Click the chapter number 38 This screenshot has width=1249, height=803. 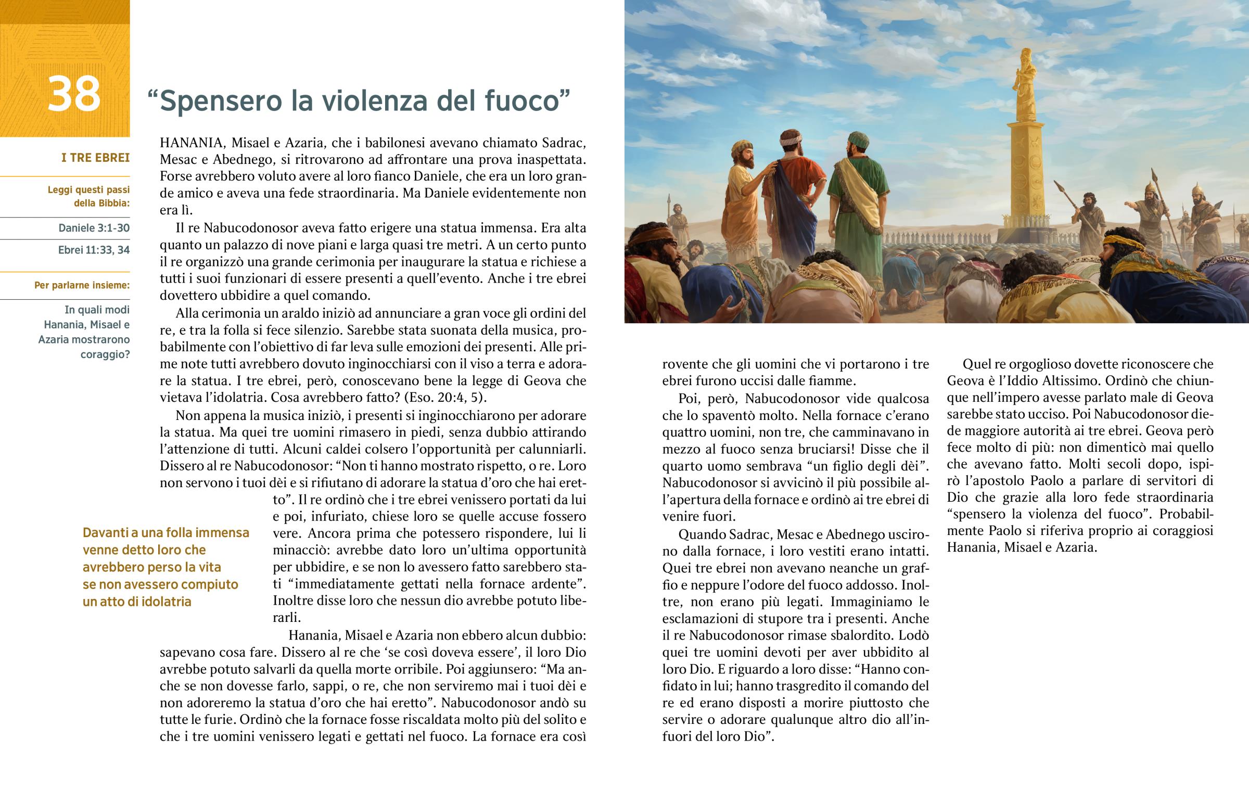pyautogui.click(x=73, y=94)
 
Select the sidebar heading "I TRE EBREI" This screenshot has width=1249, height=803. pyautogui.click(x=95, y=158)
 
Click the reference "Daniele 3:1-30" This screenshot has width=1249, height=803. pyautogui.click(x=94, y=228)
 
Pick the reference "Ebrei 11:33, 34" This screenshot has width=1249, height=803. pyautogui.click(x=94, y=250)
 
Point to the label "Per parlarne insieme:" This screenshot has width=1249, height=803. pyautogui.click(x=82, y=285)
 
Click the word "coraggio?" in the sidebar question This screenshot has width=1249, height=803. pyautogui.click(x=105, y=354)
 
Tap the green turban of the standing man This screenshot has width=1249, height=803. pyautogui.click(x=857, y=140)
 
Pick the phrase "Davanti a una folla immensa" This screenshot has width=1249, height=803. pyautogui.click(x=166, y=532)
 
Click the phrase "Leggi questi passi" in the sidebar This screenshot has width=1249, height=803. pyautogui.click(x=88, y=190)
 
